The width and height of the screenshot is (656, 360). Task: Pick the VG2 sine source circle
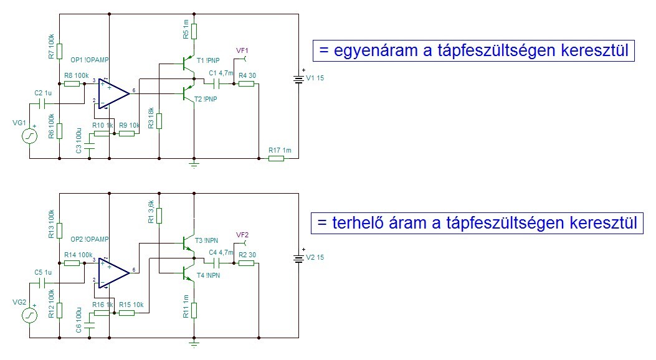[x=29, y=316]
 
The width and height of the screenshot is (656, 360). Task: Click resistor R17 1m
[x=276, y=158]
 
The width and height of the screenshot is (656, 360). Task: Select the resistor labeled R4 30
[x=246, y=83]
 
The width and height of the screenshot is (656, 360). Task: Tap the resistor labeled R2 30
[x=246, y=262]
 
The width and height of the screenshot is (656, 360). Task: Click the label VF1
[x=242, y=50]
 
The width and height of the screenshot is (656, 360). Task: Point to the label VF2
[x=242, y=234]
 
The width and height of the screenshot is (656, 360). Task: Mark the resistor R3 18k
[x=159, y=120]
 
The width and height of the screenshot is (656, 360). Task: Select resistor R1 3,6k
[x=159, y=216]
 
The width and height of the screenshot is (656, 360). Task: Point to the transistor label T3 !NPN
[x=207, y=240]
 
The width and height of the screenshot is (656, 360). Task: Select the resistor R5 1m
[x=194, y=31]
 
